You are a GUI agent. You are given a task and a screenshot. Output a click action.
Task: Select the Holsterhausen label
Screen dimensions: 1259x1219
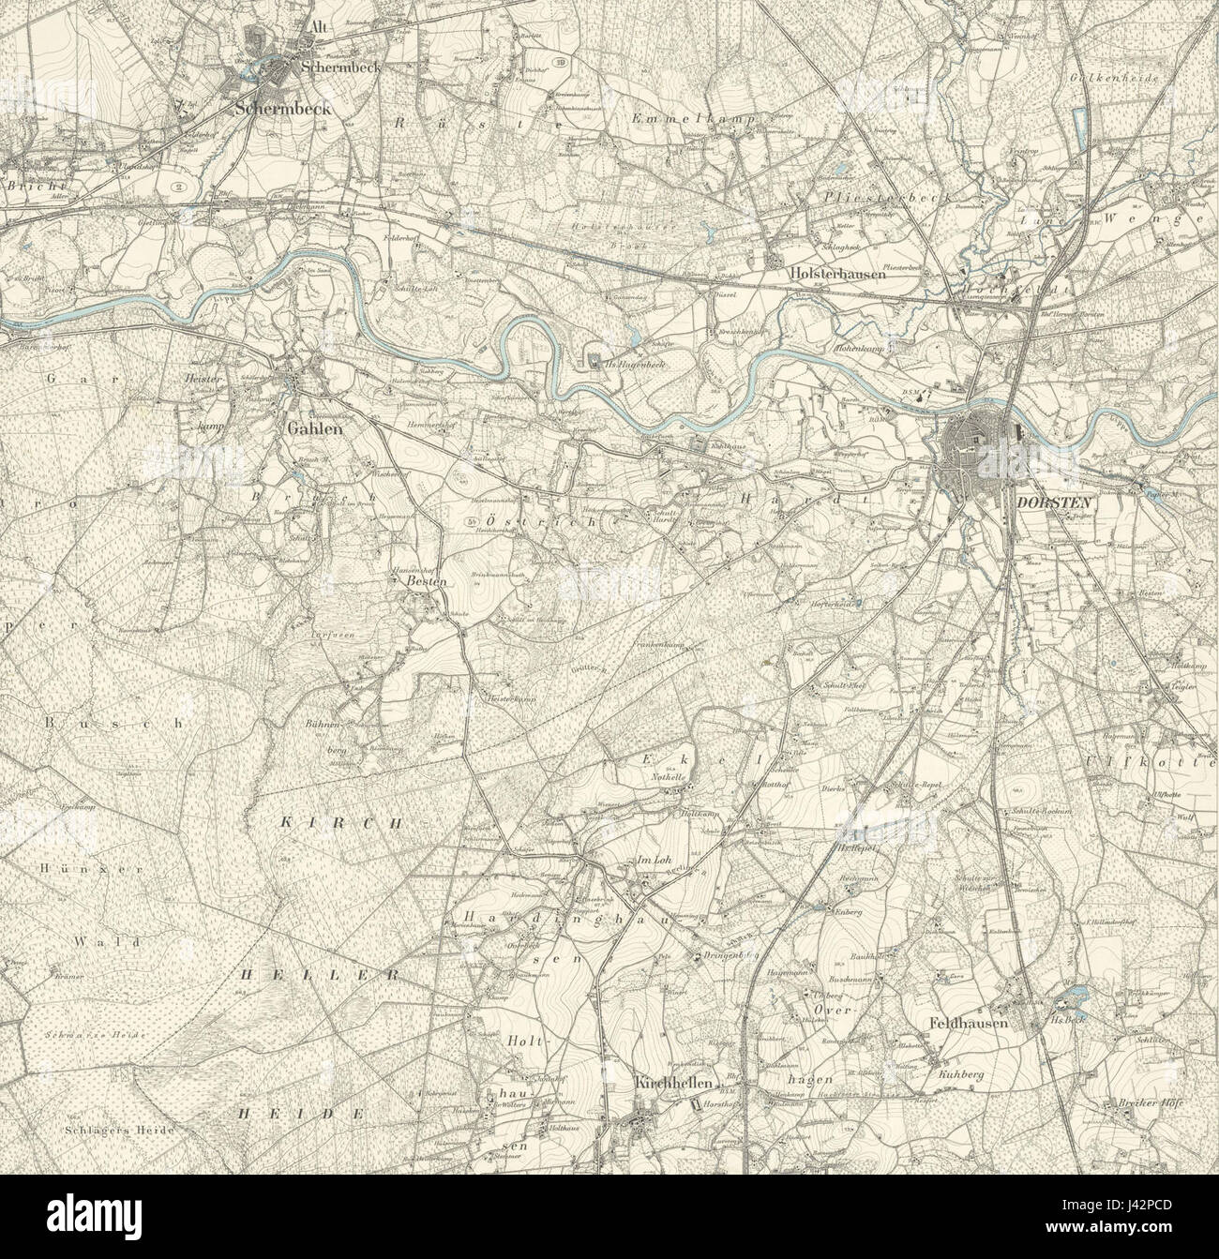tap(824, 264)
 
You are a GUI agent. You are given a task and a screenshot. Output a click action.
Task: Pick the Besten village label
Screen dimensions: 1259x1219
tap(429, 581)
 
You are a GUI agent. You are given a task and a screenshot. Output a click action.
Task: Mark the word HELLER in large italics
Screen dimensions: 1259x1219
tap(322, 975)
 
